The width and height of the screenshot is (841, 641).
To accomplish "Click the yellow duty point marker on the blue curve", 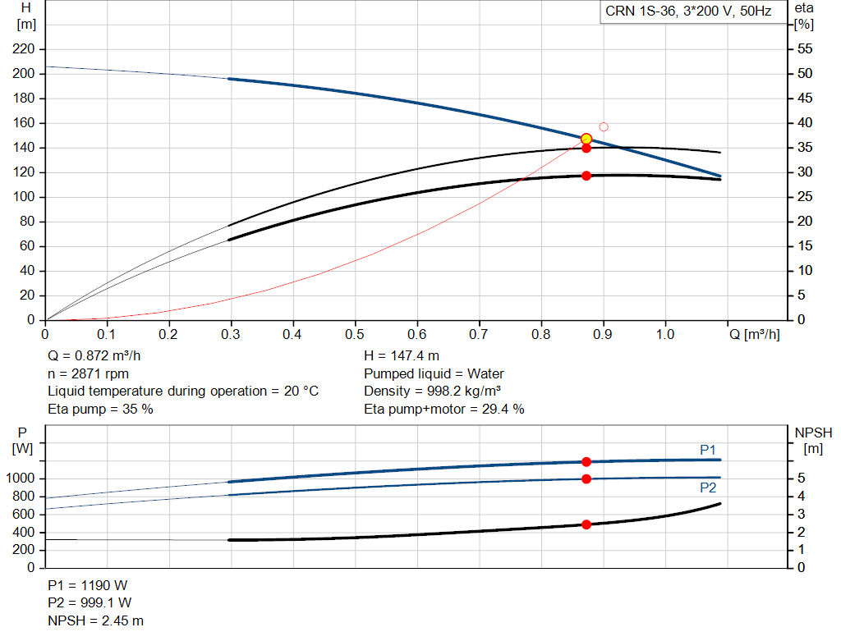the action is pos(586,140).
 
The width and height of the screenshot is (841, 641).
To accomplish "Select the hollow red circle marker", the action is pos(604,127).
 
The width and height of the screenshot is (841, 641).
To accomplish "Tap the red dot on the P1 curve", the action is pos(586,462).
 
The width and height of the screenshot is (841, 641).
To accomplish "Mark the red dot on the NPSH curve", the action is pos(586,524).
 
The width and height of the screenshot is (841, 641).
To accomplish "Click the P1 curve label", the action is pos(707,451).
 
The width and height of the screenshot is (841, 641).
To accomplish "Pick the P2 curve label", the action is pos(707,488).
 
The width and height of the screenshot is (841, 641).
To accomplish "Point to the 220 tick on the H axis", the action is pos(23,49).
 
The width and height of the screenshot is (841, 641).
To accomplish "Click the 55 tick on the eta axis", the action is pos(805,49).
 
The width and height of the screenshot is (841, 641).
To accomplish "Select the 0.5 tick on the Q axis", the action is pos(355,335).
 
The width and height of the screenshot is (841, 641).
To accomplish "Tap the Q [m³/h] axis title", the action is pos(754,335).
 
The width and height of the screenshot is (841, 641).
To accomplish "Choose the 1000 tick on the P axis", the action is pos(20,478).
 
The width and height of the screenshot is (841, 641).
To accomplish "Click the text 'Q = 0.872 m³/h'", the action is pos(94,356).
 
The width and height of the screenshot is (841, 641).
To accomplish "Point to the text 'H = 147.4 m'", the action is pos(401,356).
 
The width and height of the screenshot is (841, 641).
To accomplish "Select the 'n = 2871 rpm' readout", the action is pos(88,373).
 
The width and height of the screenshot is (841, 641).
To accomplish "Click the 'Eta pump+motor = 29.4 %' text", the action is pos(444,410).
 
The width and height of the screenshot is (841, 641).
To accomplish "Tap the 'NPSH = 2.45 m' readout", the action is pos(95,620).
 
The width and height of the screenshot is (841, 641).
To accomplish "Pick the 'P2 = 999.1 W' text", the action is pos(90,603).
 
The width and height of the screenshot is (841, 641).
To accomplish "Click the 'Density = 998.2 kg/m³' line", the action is pos(432,391).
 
